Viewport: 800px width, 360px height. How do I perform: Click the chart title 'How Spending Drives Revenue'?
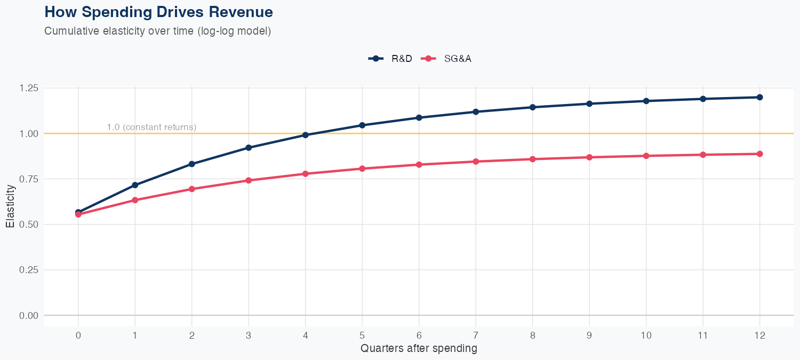[x=158, y=12]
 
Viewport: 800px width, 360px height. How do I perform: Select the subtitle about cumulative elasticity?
[x=158, y=31]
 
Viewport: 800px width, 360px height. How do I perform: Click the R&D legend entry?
[x=390, y=59]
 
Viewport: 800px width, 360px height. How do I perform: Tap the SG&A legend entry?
[x=447, y=59]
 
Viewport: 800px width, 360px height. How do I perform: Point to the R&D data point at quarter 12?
[x=759, y=97]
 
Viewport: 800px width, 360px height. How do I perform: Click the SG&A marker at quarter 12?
[x=759, y=154]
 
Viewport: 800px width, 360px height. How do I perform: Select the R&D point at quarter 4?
[x=305, y=135]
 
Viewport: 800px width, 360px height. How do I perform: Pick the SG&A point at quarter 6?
[x=419, y=164]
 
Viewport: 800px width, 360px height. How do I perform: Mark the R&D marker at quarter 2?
[x=191, y=164]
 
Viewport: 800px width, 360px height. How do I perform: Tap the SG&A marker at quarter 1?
[x=135, y=200]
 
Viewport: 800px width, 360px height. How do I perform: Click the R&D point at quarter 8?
[x=532, y=107]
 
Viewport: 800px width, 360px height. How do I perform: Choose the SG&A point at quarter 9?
[x=589, y=157]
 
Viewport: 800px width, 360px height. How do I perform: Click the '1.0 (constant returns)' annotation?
[x=151, y=127]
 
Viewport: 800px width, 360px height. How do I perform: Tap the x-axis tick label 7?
[x=476, y=335]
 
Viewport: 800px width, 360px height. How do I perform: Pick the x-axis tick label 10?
[x=646, y=335]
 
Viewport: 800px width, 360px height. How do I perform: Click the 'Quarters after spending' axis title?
[x=419, y=349]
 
